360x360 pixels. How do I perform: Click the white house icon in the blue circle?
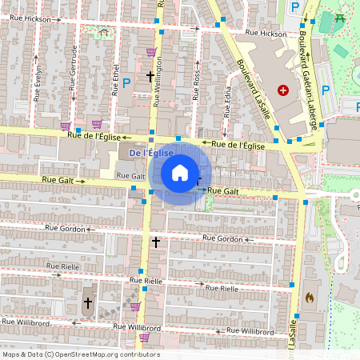pyautogui.click(x=180, y=171)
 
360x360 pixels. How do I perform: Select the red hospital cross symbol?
pyautogui.click(x=282, y=91)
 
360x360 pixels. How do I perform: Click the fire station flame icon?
pyautogui.click(x=309, y=297)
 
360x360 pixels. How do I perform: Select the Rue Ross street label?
pyautogui.click(x=197, y=84)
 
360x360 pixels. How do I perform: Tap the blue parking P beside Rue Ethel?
pyautogui.click(x=126, y=82)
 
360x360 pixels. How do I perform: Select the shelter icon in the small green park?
pyautogui.click(x=103, y=33)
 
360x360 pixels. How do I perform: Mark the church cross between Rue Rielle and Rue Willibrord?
pyautogui.click(x=88, y=303)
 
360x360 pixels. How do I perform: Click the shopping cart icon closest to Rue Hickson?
pyautogui.click(x=150, y=52)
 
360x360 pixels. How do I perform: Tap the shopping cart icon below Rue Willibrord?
pyautogui.click(x=144, y=338)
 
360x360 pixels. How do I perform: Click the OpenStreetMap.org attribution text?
pyautogui.click(x=104, y=354)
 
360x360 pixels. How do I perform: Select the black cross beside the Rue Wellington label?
pyautogui.click(x=150, y=77)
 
